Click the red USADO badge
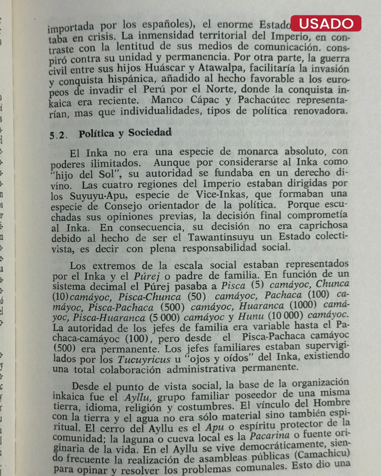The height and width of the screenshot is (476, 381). (326, 24)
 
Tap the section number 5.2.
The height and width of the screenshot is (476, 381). (58, 135)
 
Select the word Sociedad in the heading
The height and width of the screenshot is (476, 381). (150, 133)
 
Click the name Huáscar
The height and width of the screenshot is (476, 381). (165, 68)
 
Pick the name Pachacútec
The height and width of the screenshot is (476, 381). (264, 100)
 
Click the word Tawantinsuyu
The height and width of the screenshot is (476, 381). (220, 237)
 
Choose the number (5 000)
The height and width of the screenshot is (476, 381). (164, 317)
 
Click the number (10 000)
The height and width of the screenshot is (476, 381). (285, 315)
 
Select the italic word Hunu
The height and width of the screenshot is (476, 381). (251, 316)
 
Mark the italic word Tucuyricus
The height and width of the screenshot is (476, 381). (144, 359)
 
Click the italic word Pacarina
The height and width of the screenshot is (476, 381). (270, 436)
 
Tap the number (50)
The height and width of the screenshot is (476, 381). (196, 296)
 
